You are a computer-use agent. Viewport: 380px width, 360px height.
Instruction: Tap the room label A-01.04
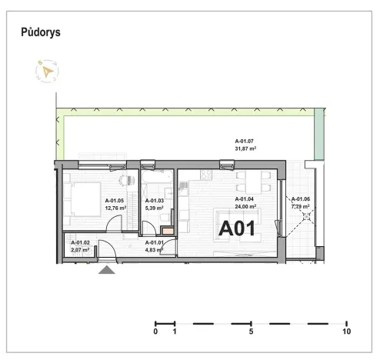(245, 199)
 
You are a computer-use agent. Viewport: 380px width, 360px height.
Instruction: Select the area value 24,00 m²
(245, 206)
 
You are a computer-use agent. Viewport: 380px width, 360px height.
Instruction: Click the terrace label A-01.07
(245, 141)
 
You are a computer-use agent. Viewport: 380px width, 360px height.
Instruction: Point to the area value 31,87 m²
(245, 148)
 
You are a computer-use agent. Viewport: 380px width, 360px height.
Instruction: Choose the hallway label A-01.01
(156, 243)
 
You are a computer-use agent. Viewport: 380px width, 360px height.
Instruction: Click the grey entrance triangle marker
(107, 269)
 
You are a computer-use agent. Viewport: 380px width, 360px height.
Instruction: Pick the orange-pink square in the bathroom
(168, 229)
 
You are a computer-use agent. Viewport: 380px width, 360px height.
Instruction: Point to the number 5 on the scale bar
(252, 332)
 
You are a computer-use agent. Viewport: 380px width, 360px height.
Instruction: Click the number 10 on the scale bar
(346, 332)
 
